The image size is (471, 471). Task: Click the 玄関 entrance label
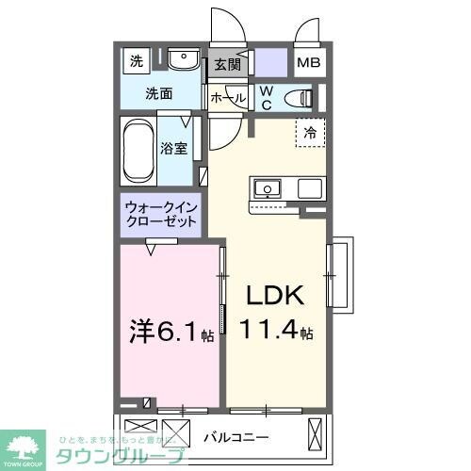tap(226, 65)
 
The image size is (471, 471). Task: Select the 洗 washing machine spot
tap(138, 62)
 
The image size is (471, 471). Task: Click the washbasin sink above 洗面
tap(181, 61)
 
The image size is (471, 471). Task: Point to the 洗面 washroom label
tap(157, 93)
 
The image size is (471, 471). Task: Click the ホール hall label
tap(227, 97)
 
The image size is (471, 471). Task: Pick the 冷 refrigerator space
tap(308, 133)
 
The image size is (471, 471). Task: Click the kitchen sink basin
tap(268, 188)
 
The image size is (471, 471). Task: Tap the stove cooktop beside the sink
tap(311, 188)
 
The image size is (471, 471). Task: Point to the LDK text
tap(275, 296)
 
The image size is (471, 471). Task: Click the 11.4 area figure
tap(274, 332)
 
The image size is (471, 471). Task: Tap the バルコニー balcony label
tap(236, 436)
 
